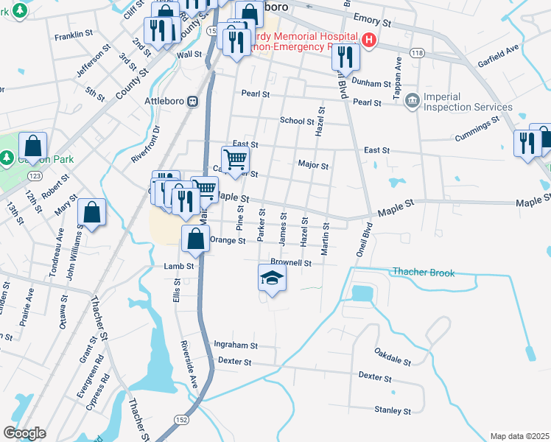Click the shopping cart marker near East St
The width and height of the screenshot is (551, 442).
[235, 158]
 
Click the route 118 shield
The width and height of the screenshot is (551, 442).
[418, 53]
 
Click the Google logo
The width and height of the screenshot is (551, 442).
[24, 432]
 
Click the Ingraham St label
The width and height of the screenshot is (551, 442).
[235, 344]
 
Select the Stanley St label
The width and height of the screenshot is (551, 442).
[393, 410]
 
